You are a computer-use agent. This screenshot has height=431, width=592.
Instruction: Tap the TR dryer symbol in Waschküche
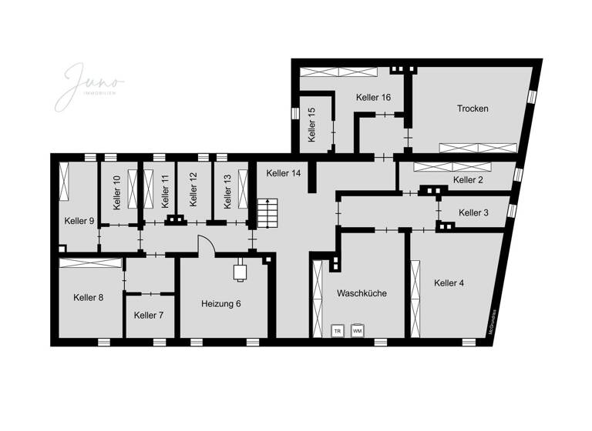coord(337,331)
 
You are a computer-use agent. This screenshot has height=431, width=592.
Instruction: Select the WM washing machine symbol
coord(357,331)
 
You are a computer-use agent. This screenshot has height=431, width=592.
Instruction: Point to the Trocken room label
coord(473,109)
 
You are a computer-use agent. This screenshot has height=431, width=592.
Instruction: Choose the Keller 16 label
coord(373,97)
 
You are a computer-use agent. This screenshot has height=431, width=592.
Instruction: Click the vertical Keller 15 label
coord(311,125)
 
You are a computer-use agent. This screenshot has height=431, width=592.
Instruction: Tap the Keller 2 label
coord(468,180)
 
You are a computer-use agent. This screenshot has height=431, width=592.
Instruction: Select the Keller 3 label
coord(473,212)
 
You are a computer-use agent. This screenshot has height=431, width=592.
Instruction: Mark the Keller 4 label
coord(449,283)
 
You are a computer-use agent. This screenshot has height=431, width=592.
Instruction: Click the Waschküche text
coord(362,293)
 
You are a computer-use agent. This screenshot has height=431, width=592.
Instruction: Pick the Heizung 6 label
coord(220,303)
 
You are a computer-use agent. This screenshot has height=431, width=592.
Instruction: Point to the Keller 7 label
coord(148,315)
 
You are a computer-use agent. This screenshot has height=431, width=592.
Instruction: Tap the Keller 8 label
coord(89,297)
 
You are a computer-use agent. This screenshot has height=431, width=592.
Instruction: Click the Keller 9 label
coord(79,221)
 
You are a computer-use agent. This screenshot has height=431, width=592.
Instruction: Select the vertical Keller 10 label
coord(116,192)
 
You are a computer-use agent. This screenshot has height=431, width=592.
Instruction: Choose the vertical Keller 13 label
coord(227,192)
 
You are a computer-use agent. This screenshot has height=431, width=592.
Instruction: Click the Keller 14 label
coord(283,173)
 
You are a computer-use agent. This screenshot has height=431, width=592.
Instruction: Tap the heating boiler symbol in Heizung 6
coord(240,272)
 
